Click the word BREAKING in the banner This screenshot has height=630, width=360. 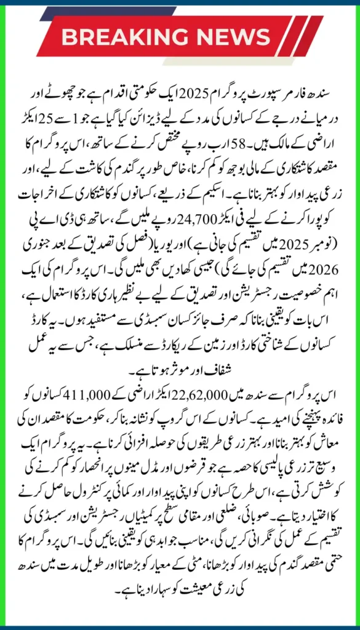pos(133,37)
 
